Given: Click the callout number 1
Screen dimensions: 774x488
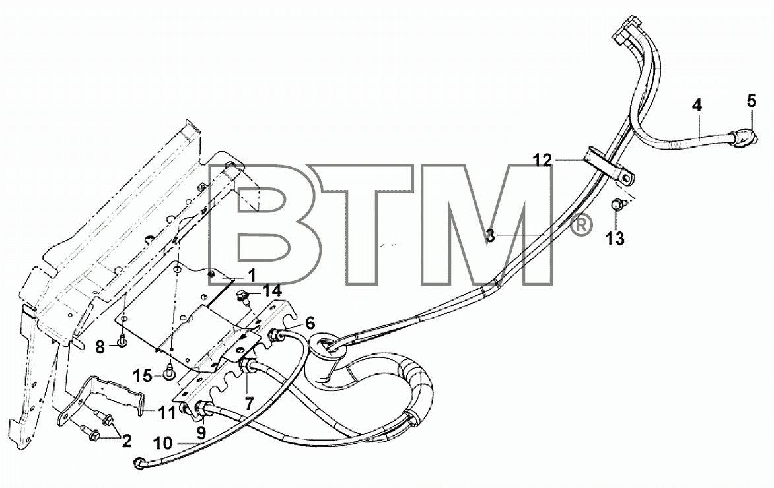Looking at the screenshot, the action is [x=251, y=275].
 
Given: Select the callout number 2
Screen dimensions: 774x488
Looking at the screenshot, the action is [x=127, y=441].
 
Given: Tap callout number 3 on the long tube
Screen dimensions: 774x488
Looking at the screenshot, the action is [x=489, y=235].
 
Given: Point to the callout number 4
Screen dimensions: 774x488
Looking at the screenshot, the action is [x=697, y=106].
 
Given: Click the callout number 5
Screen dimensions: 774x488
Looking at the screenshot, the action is [x=751, y=100].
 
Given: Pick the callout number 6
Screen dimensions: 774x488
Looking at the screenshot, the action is [x=310, y=323].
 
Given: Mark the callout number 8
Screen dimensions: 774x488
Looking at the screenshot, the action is [x=100, y=348].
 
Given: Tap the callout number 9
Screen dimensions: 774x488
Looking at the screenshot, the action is [x=201, y=433].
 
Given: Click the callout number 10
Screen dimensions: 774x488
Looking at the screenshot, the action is [x=163, y=443].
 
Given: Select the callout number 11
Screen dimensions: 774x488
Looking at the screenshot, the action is [x=167, y=412].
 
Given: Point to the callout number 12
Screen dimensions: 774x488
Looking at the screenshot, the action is [x=542, y=160].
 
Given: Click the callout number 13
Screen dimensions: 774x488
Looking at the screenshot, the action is [x=615, y=239].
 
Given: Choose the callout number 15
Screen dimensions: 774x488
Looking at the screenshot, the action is [x=143, y=376].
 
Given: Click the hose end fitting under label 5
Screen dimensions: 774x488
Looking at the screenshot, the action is [x=742, y=138].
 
